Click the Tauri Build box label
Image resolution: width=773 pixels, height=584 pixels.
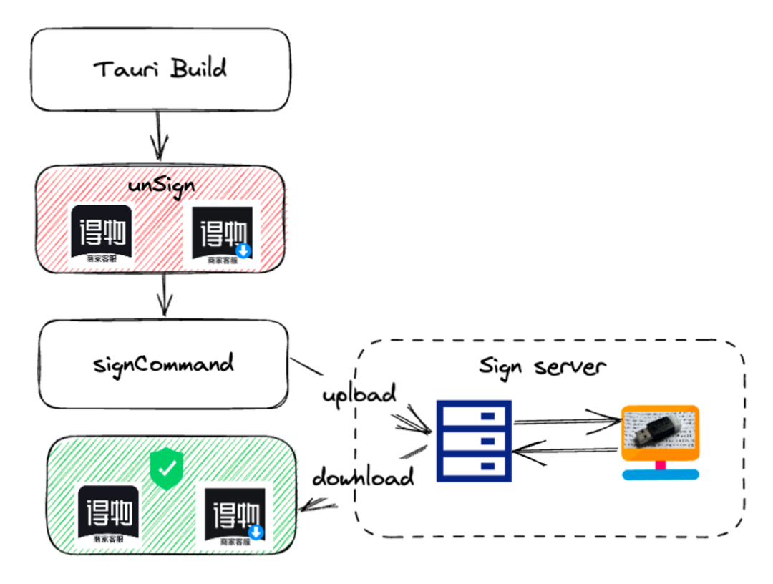point(160,69)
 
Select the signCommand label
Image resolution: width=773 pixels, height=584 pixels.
point(163,363)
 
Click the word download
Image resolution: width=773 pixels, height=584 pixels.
point(364,476)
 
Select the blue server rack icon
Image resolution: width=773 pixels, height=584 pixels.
point(474,440)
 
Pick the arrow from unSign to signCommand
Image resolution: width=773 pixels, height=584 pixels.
point(165,295)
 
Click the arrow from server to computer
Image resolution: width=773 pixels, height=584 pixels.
point(565,421)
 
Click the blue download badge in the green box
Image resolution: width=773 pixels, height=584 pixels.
point(256,532)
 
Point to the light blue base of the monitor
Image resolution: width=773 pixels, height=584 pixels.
point(660,474)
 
